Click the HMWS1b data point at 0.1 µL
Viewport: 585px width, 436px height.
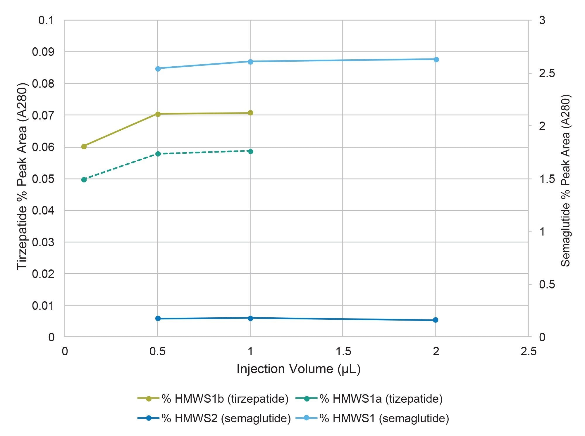coord(84,146)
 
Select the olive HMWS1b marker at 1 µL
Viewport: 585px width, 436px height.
coord(250,113)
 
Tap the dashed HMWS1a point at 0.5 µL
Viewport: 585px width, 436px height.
coord(158,154)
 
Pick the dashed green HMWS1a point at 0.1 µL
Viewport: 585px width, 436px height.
coord(84,179)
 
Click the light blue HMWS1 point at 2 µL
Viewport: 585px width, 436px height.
coord(436,60)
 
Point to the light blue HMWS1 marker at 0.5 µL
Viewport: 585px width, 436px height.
coord(158,69)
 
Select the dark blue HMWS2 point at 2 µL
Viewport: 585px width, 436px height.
coord(435,320)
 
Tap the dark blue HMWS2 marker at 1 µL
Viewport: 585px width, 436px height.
coord(250,318)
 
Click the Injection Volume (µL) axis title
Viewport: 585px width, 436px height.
coord(298,369)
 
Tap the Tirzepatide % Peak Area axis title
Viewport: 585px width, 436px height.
coord(22,177)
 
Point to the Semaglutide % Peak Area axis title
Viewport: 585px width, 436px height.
coord(565,181)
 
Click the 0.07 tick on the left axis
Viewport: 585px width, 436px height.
coord(43,115)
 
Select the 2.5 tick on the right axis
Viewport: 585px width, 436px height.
coord(546,73)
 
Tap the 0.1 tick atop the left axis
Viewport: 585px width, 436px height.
coord(46,20)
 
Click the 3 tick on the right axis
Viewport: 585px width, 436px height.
coord(542,20)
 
